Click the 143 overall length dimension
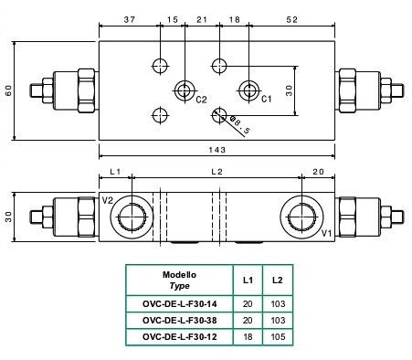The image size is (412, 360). [x=217, y=150]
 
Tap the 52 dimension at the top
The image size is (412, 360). [x=291, y=20]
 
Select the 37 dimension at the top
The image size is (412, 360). [x=130, y=20]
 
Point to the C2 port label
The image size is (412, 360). [x=201, y=100]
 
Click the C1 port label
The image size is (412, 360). [x=266, y=99]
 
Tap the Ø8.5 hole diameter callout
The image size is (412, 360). [x=240, y=125]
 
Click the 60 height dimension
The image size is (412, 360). [x=8, y=90]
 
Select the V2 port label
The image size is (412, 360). [x=108, y=200]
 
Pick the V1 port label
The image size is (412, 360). [x=327, y=234]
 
